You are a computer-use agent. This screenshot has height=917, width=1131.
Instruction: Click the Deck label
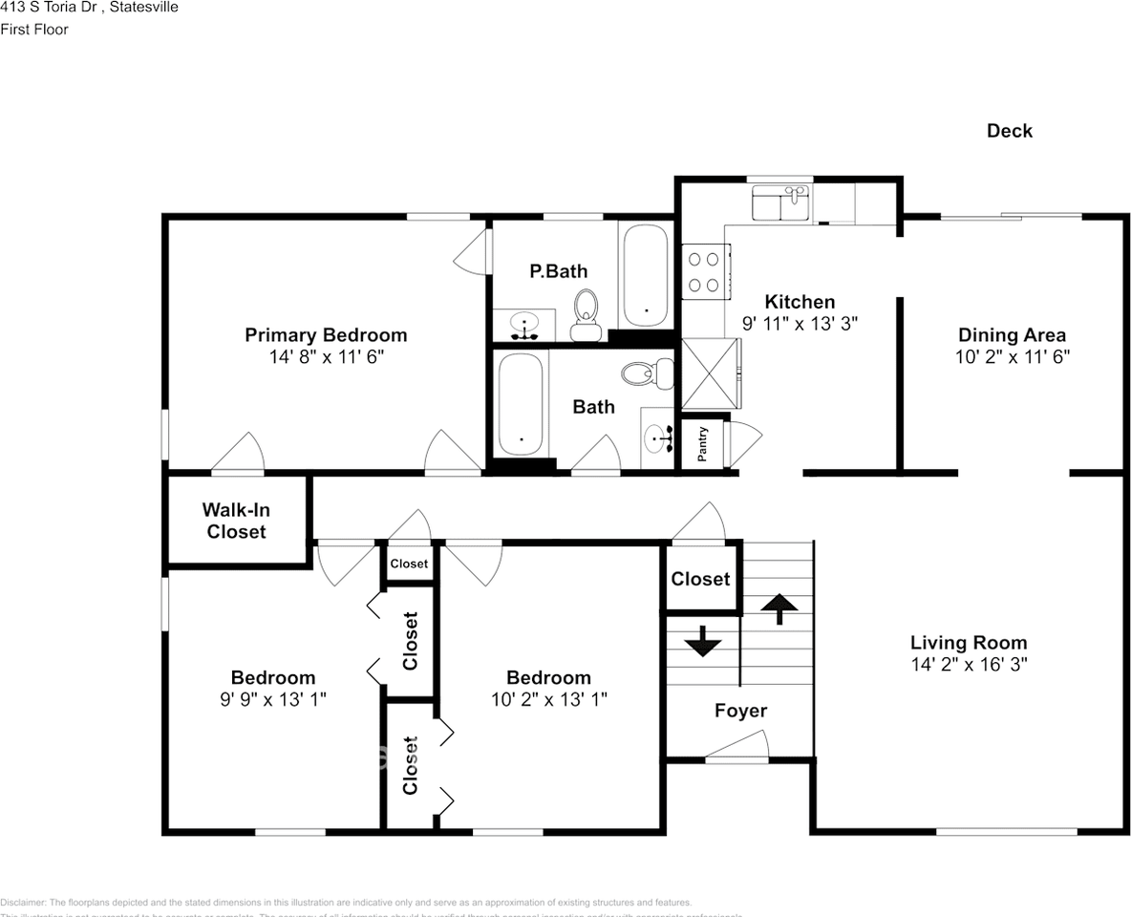pyautogui.click(x=1009, y=131)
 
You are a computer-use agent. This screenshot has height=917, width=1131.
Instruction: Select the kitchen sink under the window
pyautogui.click(x=780, y=203)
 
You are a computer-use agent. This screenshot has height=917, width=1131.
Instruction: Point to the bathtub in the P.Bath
pyautogui.click(x=647, y=275)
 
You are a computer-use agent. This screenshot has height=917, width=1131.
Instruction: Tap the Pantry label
pyautogui.click(x=702, y=444)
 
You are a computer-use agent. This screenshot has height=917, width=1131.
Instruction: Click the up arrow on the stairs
pyautogui.click(x=779, y=608)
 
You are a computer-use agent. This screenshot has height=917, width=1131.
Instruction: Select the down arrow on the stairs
pyautogui.click(x=703, y=641)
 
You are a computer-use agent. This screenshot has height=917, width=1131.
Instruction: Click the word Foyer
pyautogui.click(x=740, y=711)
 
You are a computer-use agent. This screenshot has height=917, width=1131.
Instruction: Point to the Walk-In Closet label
pyautogui.click(x=236, y=521)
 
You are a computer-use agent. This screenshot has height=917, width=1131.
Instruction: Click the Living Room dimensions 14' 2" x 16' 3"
pyautogui.click(x=968, y=664)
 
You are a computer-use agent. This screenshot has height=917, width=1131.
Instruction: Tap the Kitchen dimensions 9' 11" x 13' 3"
pyautogui.click(x=800, y=323)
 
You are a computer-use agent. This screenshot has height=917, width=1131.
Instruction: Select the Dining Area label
pyautogui.click(x=1012, y=334)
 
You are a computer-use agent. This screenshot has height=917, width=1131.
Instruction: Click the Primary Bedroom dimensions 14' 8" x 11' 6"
pyautogui.click(x=326, y=356)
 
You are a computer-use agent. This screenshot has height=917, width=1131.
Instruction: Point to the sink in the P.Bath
pyautogui.click(x=523, y=324)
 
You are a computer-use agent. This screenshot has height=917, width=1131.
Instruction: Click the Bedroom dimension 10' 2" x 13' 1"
pyautogui.click(x=548, y=698)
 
